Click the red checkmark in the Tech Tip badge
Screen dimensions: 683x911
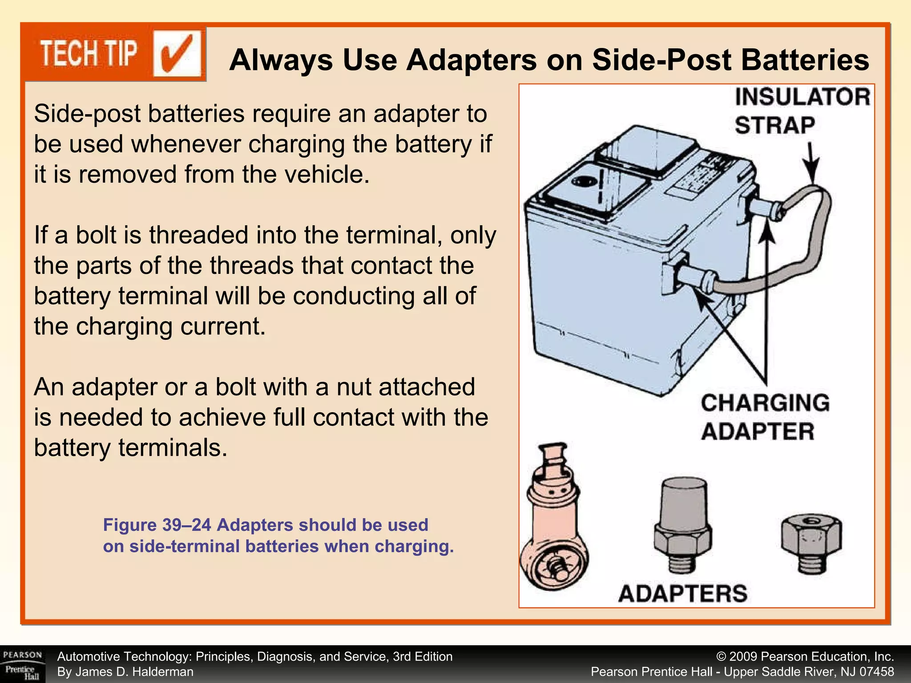[x=177, y=54]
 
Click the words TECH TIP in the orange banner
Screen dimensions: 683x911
[x=89, y=54]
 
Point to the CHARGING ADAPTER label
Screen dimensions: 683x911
[x=765, y=417]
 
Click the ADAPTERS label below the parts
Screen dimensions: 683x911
[x=683, y=593]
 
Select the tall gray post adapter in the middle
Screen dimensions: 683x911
[x=683, y=525]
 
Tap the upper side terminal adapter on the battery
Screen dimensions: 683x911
[x=765, y=208]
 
